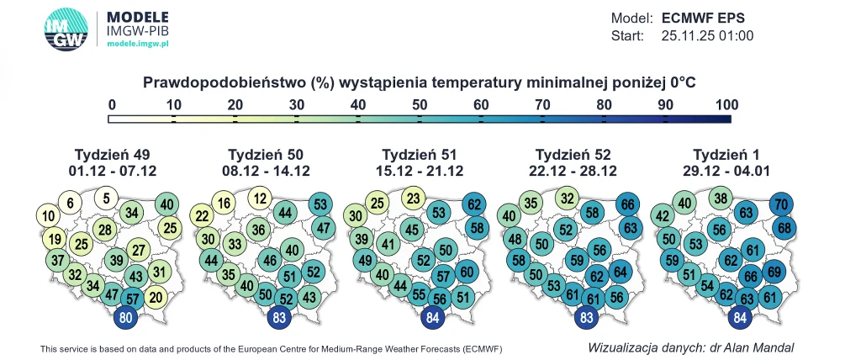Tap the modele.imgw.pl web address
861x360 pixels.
click(x=138, y=41)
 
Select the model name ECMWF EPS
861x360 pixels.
click(x=703, y=18)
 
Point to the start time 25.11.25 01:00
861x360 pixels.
click(x=707, y=36)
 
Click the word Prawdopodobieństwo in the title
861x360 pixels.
click(x=224, y=82)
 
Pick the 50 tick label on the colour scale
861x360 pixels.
click(x=420, y=105)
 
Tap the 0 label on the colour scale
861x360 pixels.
click(x=112, y=105)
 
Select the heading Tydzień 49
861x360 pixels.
click(x=112, y=155)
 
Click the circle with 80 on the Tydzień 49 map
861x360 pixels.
click(x=124, y=319)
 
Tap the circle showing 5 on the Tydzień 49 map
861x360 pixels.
click(x=106, y=199)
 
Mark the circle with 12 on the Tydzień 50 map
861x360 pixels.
click(x=261, y=199)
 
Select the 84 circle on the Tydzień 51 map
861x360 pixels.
click(x=433, y=319)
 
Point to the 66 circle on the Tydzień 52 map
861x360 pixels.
click(x=627, y=204)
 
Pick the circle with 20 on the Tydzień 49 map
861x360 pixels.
click(x=155, y=296)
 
